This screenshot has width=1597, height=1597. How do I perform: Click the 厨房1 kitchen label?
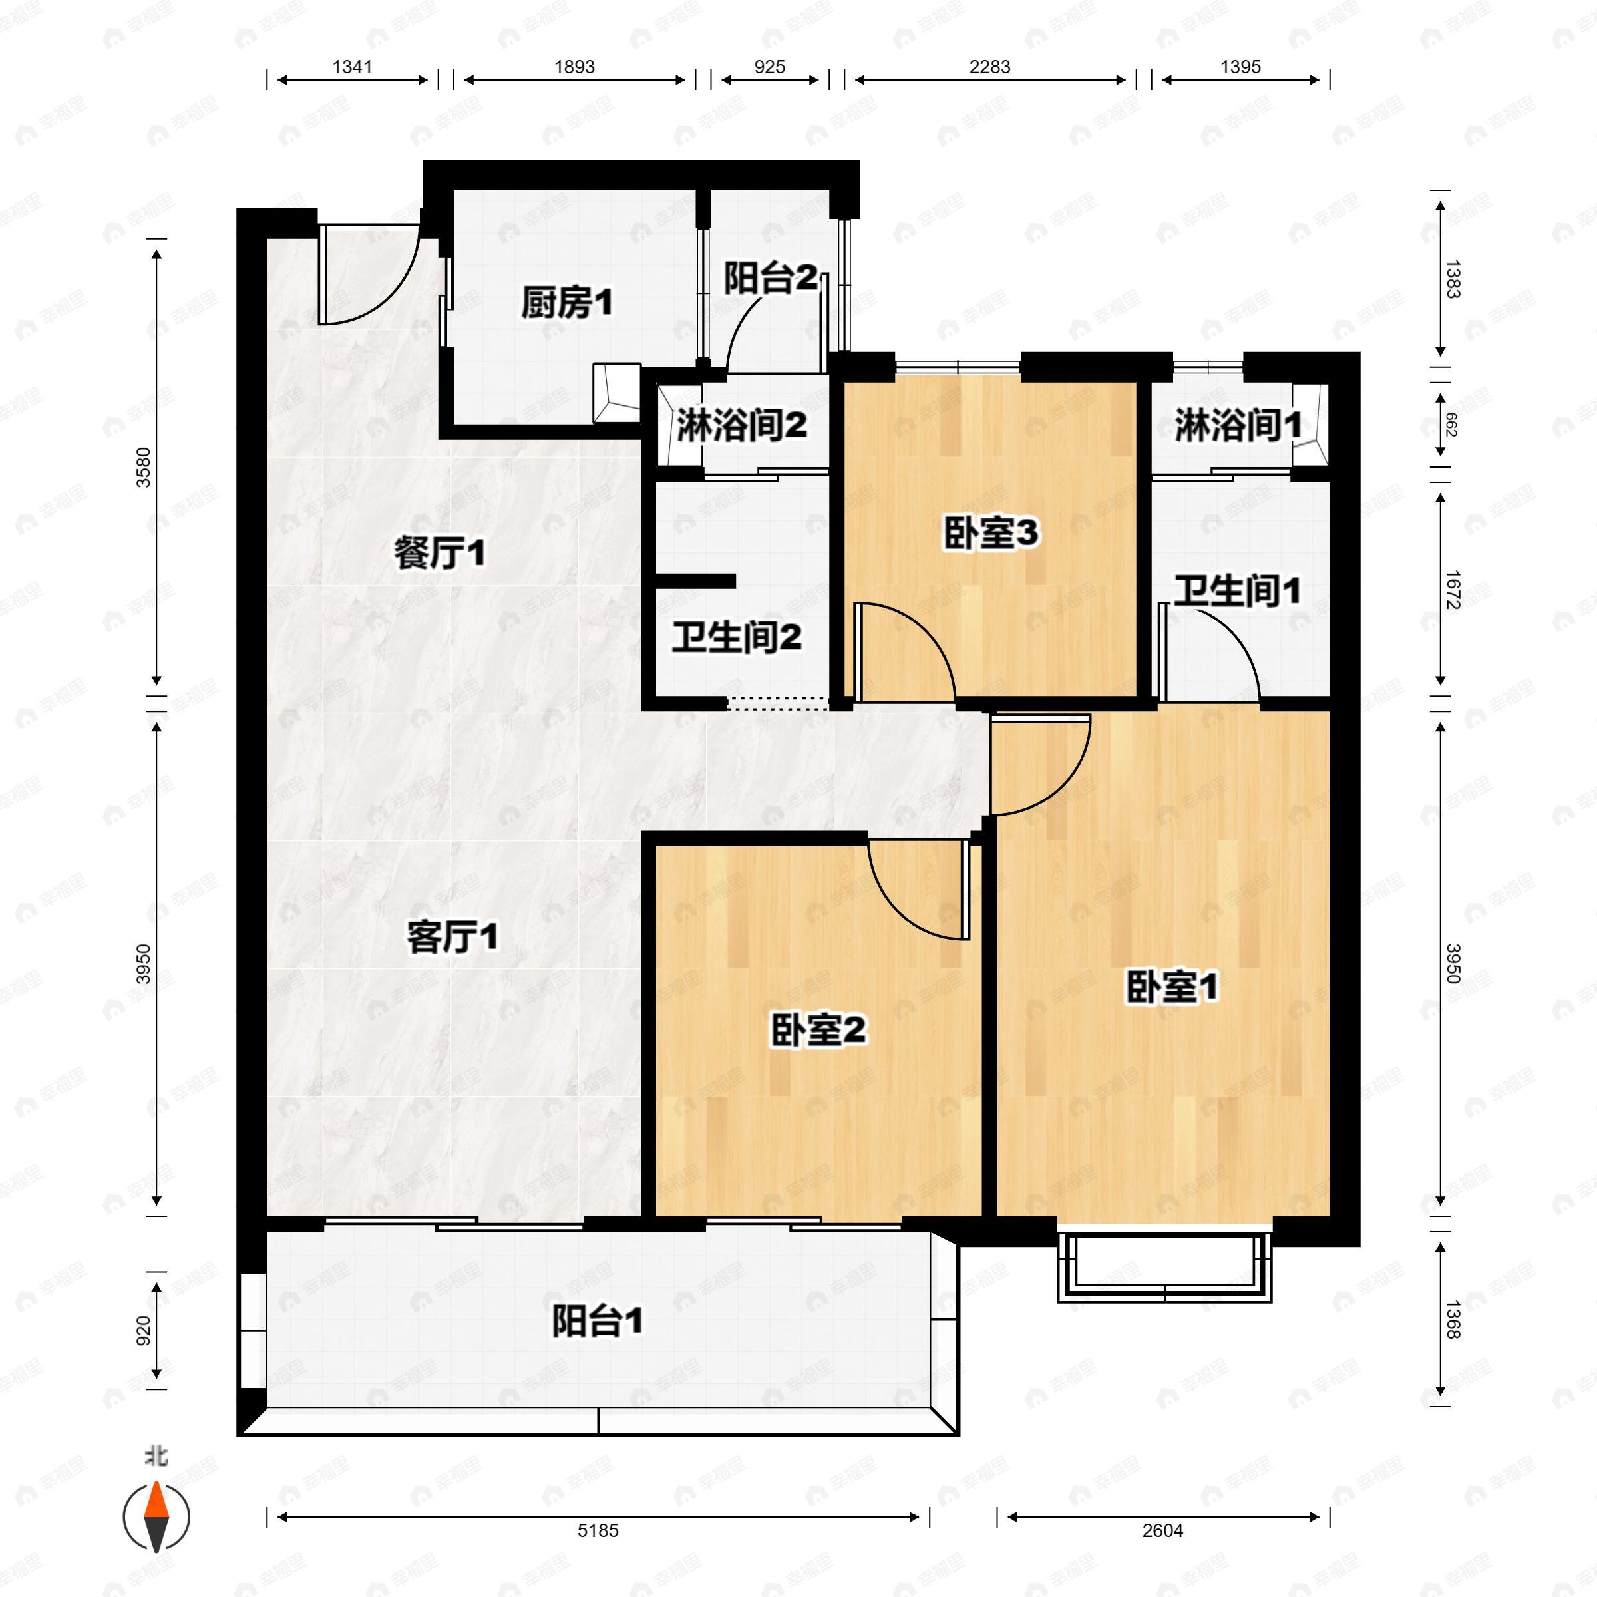[x=566, y=304]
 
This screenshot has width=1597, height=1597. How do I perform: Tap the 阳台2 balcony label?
[x=770, y=279]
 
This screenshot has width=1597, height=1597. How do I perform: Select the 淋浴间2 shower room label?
[x=741, y=427]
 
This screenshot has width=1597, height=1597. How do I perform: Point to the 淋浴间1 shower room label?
[x=1238, y=427]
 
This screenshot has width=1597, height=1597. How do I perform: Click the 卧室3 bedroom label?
[x=990, y=534]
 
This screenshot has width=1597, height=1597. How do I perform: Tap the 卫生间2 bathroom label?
[x=736, y=637]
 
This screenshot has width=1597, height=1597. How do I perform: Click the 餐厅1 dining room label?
[x=439, y=553]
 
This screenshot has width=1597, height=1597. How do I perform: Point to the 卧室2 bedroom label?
[x=818, y=1030]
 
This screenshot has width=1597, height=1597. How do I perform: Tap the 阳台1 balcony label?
[x=597, y=1321]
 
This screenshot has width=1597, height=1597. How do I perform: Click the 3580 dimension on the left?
[x=144, y=467]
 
